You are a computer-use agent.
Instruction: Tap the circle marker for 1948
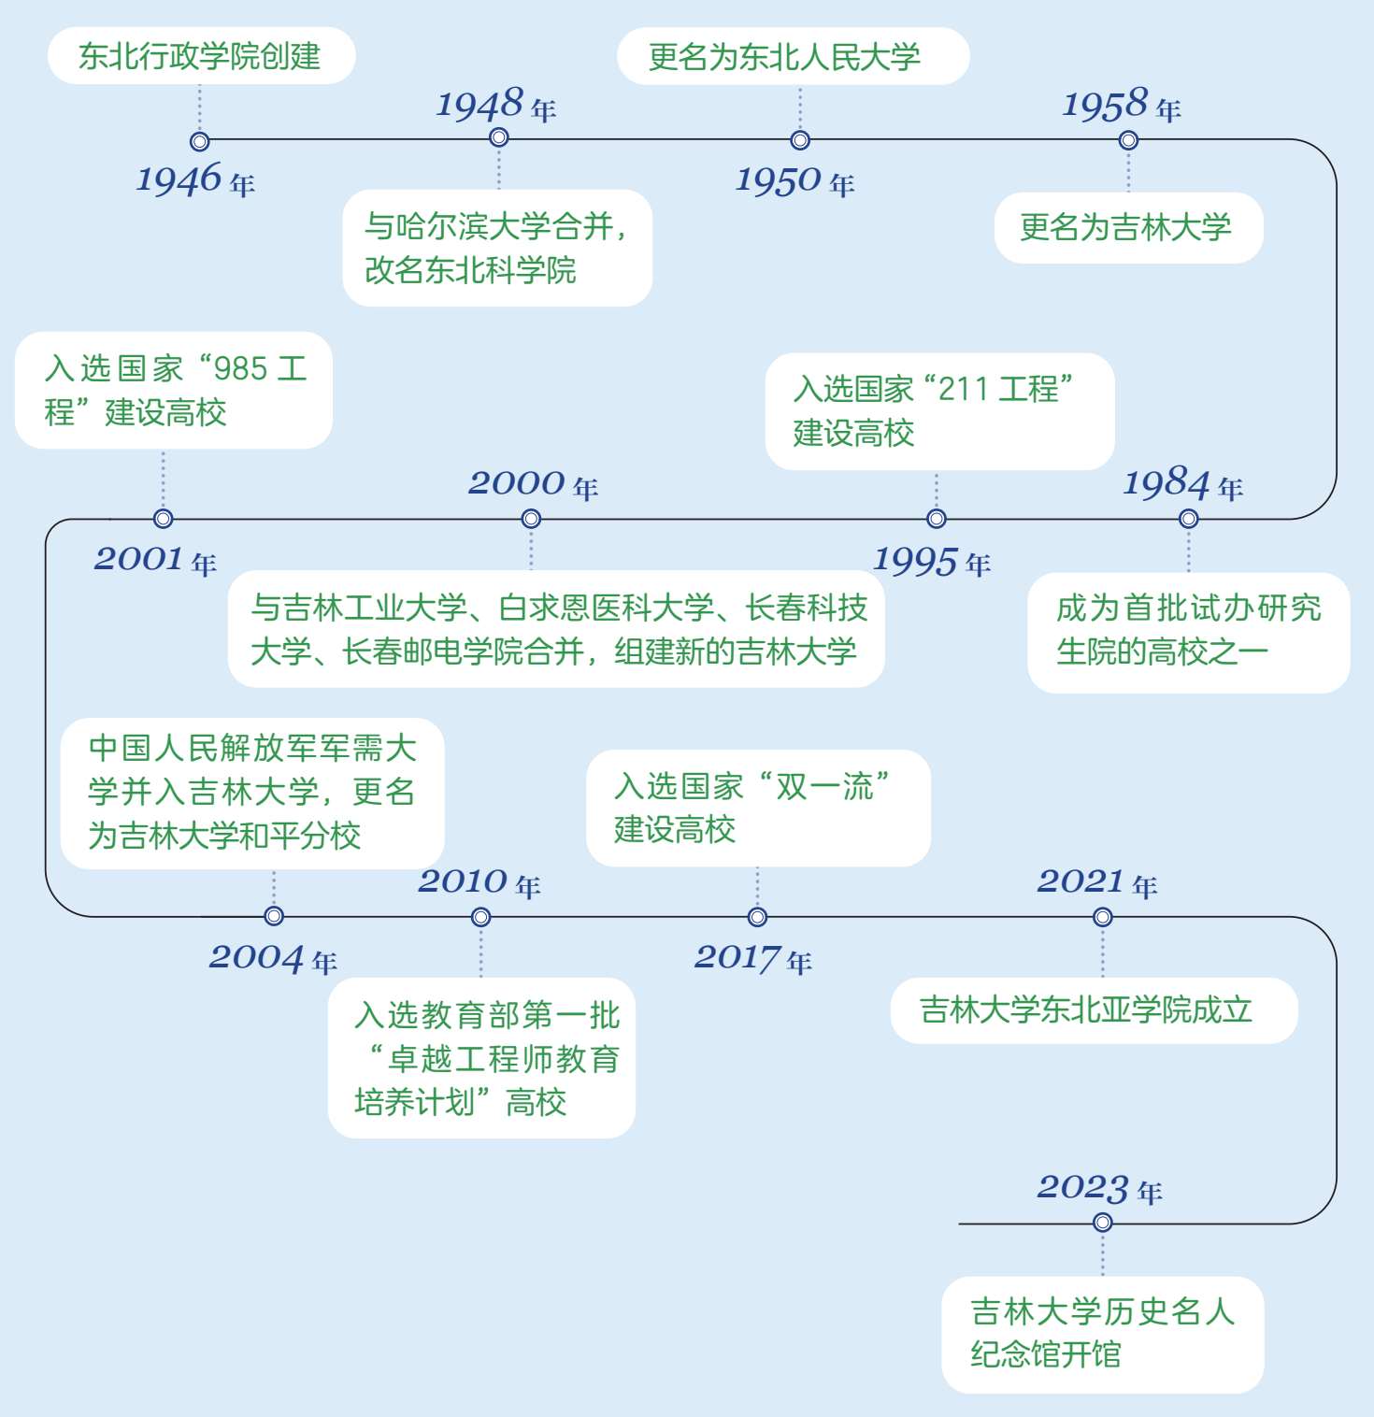click(x=499, y=138)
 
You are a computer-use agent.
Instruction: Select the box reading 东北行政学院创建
click(x=201, y=56)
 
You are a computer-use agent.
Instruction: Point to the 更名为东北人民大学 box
click(x=793, y=57)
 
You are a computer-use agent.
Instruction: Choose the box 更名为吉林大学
click(x=1127, y=227)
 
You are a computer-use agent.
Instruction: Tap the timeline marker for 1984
click(x=1188, y=519)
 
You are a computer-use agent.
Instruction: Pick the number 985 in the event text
click(x=241, y=369)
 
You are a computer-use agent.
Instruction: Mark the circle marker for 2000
click(x=531, y=519)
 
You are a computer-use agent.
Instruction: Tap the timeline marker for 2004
click(x=274, y=916)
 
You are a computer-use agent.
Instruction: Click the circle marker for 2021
click(x=1103, y=917)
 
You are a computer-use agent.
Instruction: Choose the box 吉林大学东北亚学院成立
click(x=1094, y=1010)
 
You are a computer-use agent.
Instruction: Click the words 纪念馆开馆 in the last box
click(x=1045, y=1354)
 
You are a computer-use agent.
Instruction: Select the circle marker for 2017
click(x=757, y=917)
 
